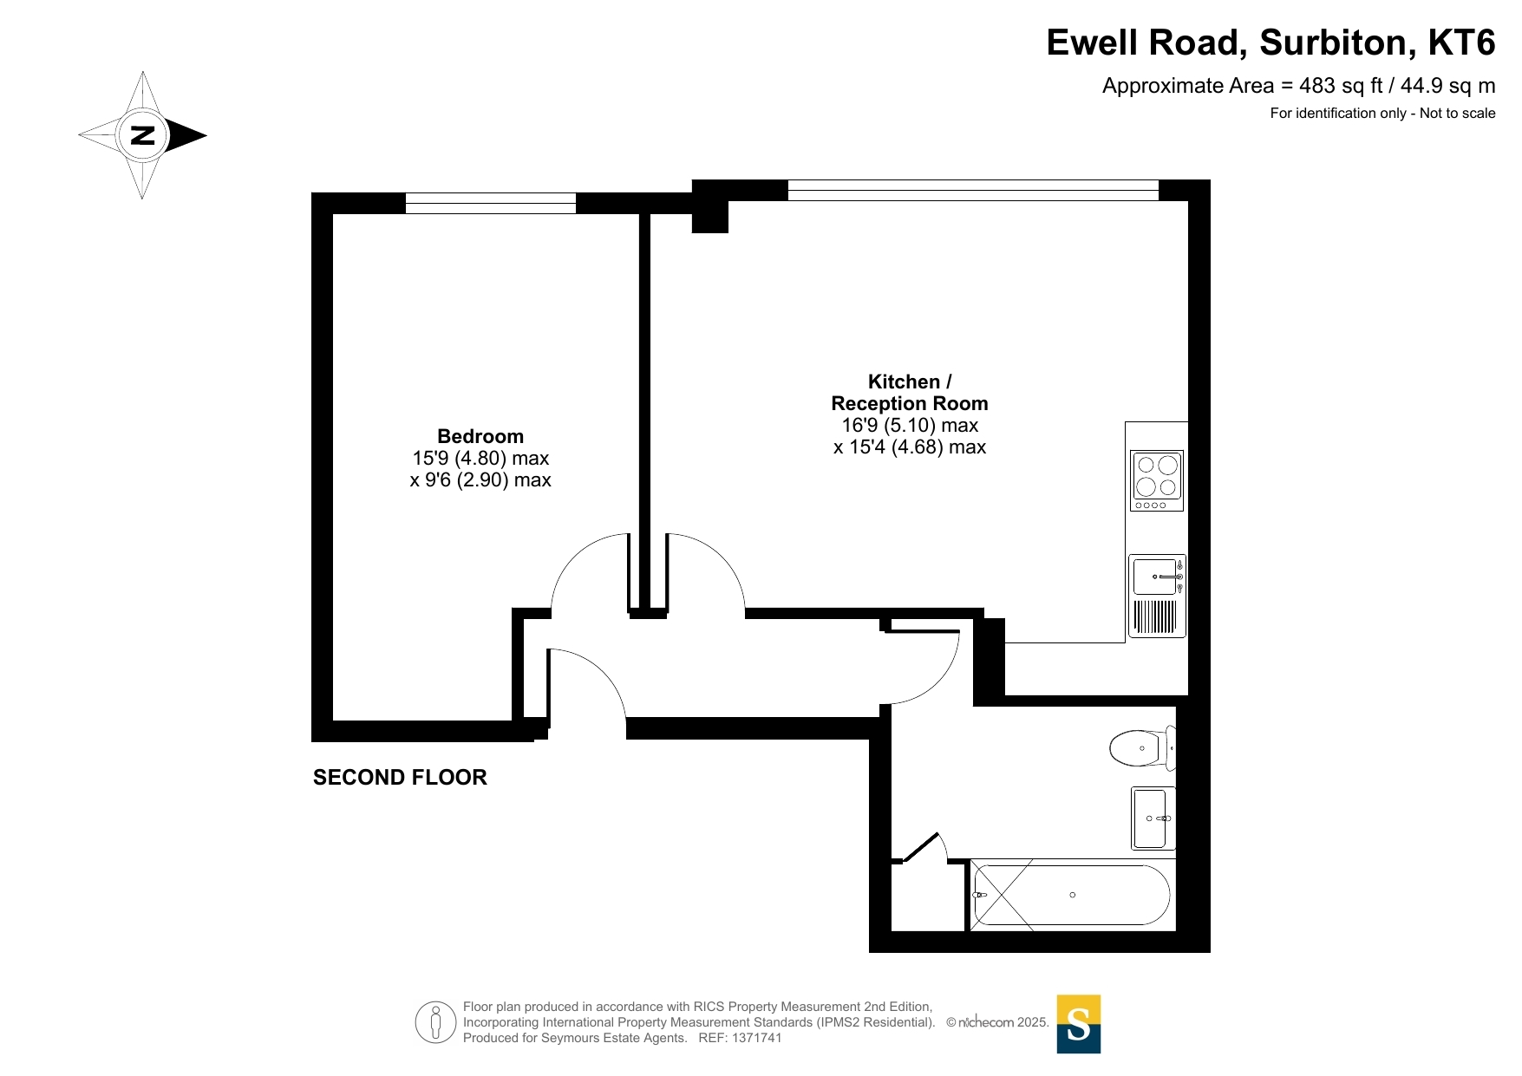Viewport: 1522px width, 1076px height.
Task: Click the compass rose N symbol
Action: [142, 135]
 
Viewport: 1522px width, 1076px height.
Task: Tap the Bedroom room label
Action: [480, 436]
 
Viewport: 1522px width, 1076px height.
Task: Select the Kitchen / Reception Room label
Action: [910, 393]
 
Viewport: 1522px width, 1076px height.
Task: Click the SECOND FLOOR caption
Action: [400, 778]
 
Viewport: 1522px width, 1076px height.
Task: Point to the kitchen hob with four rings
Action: [1157, 480]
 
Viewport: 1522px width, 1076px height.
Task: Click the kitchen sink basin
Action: [1155, 577]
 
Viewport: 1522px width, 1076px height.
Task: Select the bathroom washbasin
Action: [1153, 818]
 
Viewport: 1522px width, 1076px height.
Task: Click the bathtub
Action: [1072, 895]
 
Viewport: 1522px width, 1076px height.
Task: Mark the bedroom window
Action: [491, 203]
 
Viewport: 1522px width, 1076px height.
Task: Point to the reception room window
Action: [973, 190]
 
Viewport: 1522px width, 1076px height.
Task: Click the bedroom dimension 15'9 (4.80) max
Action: [480, 458]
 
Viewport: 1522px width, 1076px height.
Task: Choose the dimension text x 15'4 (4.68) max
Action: [910, 447]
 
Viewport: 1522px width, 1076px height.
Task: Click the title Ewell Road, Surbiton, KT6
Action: [1271, 42]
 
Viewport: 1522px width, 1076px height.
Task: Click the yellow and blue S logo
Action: [1078, 1024]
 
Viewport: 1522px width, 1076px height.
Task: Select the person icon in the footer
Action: [435, 1022]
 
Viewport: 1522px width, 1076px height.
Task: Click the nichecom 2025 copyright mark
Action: [997, 1022]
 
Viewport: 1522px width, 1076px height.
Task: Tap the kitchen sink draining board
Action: [1155, 616]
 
